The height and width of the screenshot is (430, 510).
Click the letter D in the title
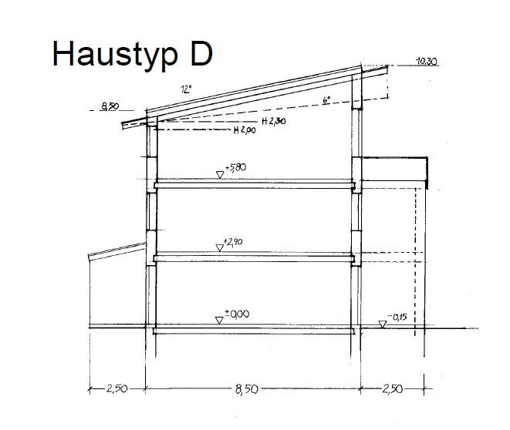tap(201, 53)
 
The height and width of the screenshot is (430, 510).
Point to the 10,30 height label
tap(427, 61)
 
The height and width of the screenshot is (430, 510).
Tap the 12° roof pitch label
tap(187, 89)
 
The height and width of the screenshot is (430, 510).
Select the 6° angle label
tap(326, 100)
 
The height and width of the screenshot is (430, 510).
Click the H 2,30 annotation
tap(274, 121)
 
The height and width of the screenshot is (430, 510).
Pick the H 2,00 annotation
tap(245, 130)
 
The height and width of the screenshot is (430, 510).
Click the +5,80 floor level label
tap(236, 167)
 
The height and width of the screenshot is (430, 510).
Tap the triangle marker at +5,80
tap(220, 175)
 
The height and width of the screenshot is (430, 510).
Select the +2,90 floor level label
tap(234, 242)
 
